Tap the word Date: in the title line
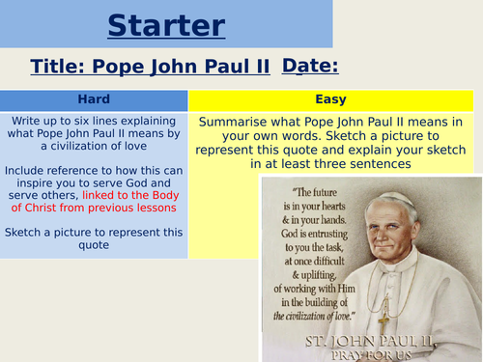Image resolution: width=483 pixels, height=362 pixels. coord(310,66)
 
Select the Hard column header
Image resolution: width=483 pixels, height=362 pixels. coord(94,99)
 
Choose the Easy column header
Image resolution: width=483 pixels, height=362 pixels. coord(331,99)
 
